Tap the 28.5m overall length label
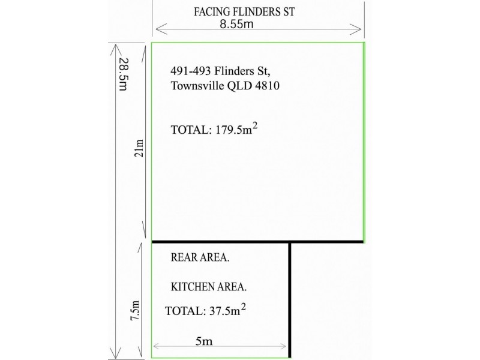pos(123,74)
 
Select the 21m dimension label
pos(140,145)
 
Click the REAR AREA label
pos(200,258)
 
